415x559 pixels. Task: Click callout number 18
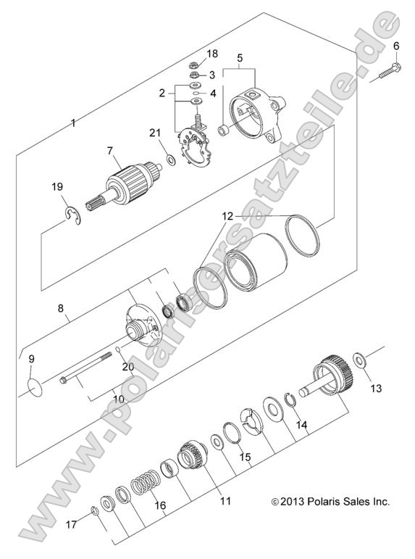[x=212, y=54]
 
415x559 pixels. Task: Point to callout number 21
[x=154, y=132]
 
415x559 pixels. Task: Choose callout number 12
[x=227, y=216]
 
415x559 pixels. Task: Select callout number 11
[x=225, y=500]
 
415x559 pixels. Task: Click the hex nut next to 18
[x=195, y=63]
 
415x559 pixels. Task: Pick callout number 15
[x=245, y=457]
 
